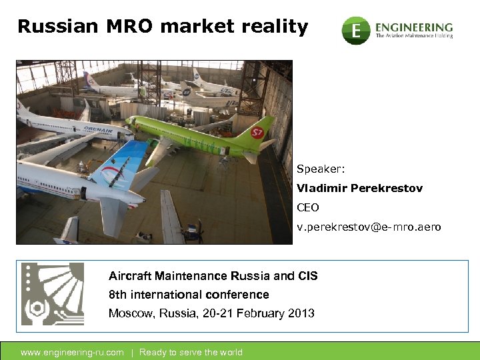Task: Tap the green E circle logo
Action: point(356,31)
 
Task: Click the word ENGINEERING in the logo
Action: point(414,27)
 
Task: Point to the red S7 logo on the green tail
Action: point(257,132)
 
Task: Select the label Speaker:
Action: point(321,169)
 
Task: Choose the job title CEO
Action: point(308,207)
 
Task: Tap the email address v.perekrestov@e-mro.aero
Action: point(369,227)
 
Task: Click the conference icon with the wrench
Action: point(53,294)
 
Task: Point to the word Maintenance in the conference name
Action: point(188,276)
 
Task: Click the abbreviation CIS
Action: point(307,276)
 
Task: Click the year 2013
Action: point(301,313)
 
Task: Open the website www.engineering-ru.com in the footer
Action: point(72,353)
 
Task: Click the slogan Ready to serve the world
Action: point(191,353)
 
